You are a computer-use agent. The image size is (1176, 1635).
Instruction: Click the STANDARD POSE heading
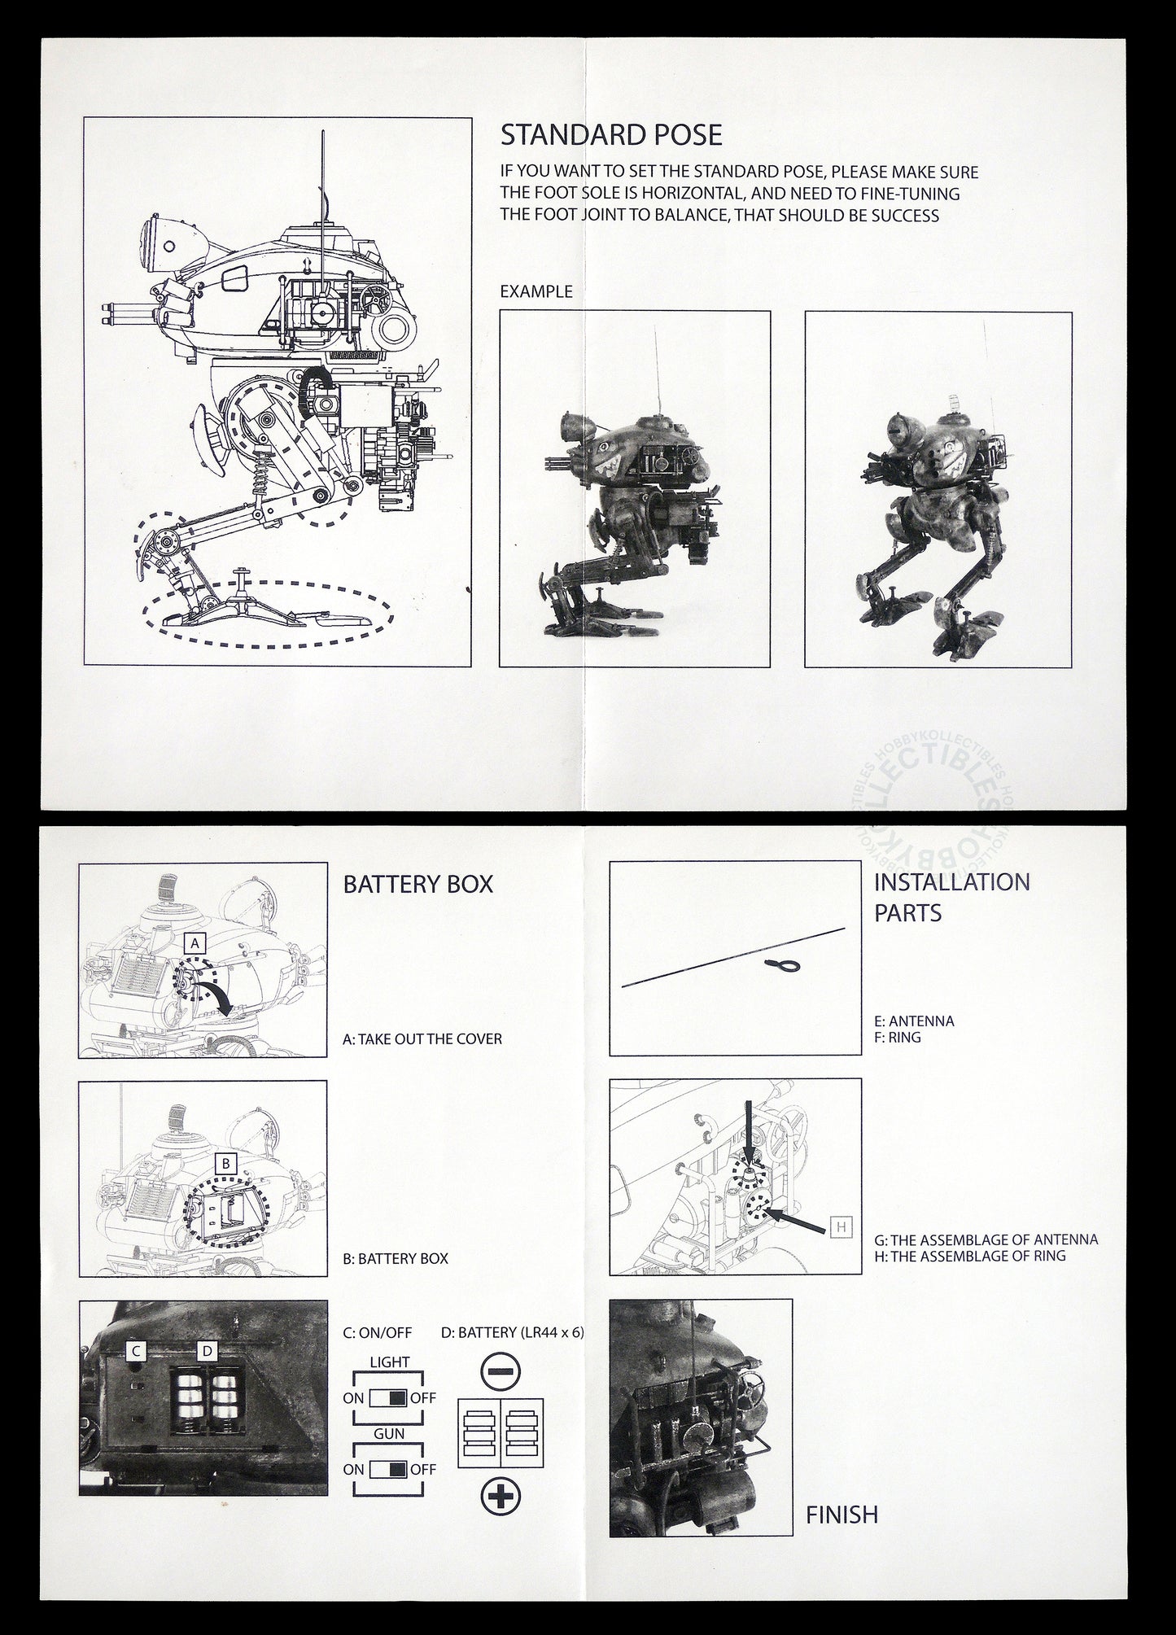611,134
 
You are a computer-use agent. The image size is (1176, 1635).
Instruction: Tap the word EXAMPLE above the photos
536,291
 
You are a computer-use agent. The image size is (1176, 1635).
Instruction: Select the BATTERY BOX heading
418,885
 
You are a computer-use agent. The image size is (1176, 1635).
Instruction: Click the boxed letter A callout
195,942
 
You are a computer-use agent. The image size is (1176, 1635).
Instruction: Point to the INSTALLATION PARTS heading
951,897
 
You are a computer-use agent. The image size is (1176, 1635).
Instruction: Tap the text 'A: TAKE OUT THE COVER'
422,1039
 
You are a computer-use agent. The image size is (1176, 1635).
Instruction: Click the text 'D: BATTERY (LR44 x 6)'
512,1333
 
